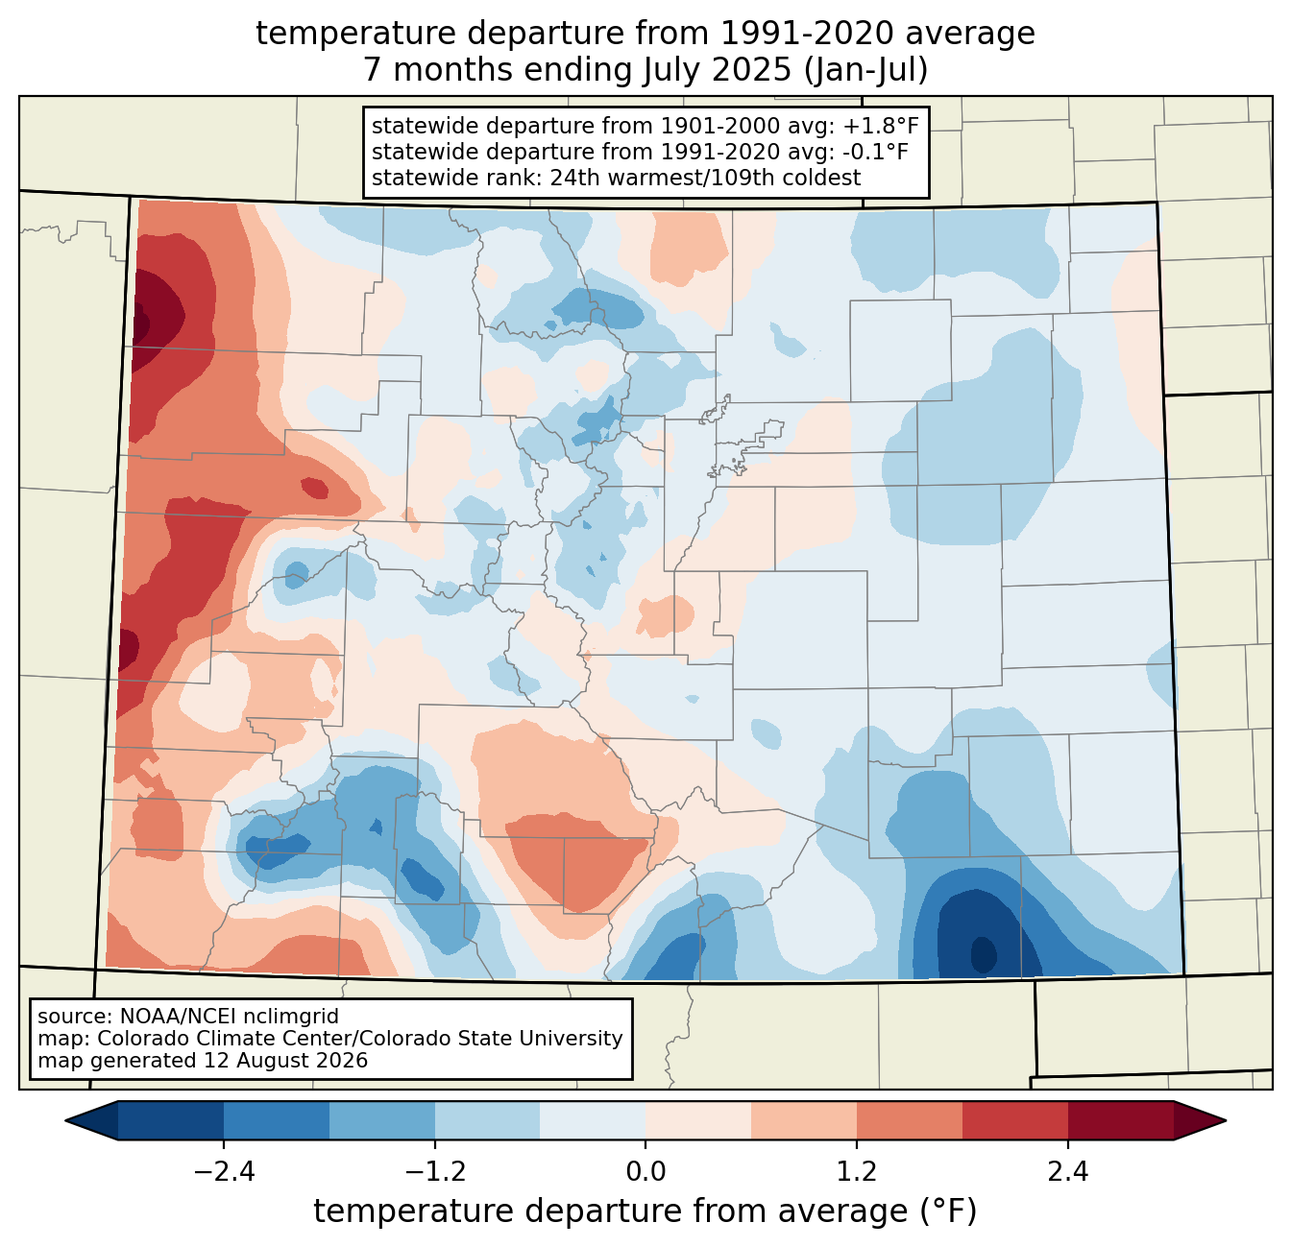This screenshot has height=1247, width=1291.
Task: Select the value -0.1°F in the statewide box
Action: (875, 152)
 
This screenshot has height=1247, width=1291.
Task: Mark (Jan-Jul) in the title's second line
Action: (865, 70)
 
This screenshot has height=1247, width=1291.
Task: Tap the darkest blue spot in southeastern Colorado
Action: (984, 954)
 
